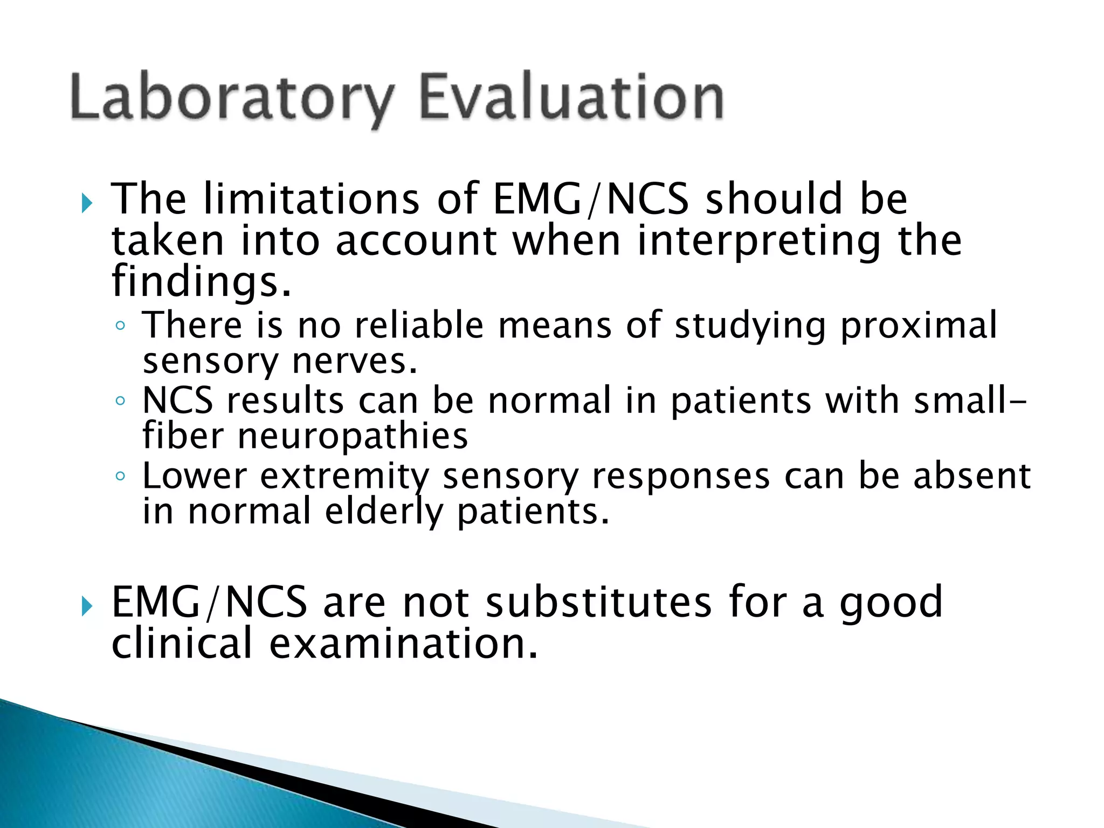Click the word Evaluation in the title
[x=571, y=97]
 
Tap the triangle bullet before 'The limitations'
[x=86, y=204]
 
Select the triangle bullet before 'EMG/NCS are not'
[x=86, y=607]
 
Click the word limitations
[x=312, y=199]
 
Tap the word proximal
[x=919, y=326]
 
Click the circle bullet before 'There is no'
[x=120, y=326]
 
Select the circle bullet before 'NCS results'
[x=120, y=401]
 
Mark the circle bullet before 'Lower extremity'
[x=120, y=477]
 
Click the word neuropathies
[x=353, y=437]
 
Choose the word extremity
[x=344, y=477]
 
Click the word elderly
[x=384, y=512]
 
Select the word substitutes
[x=599, y=602]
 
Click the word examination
[x=403, y=644]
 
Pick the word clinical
[x=182, y=644]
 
